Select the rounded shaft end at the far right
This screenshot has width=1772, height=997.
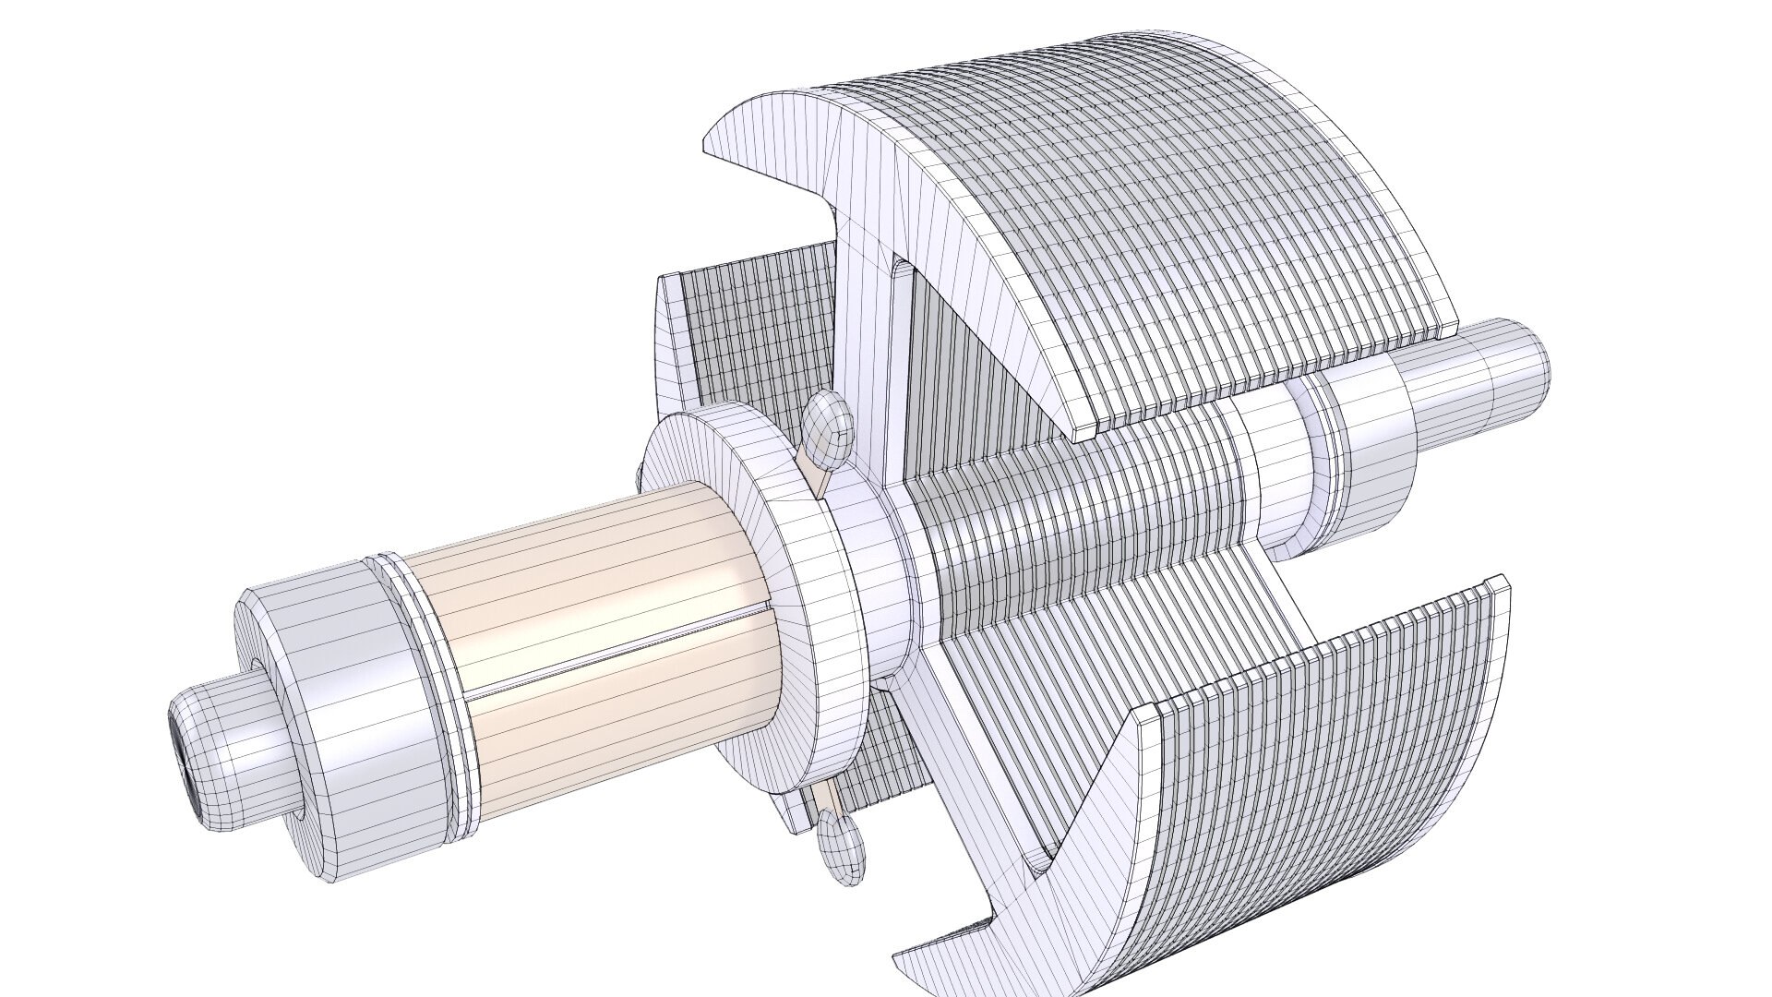(1514, 369)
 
